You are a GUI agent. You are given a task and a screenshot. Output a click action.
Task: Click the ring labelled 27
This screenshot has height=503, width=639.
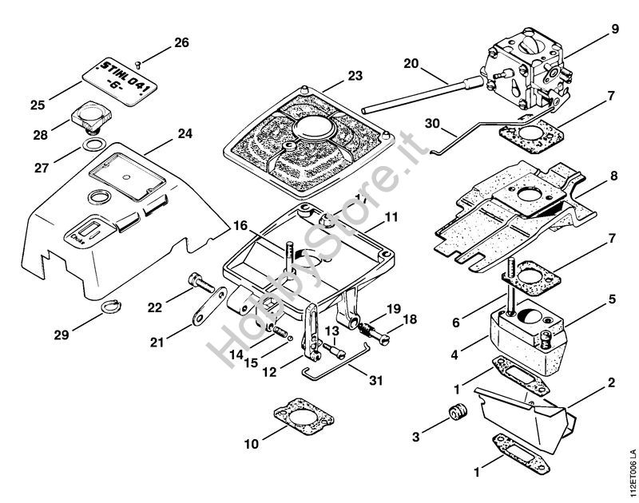[x=93, y=145]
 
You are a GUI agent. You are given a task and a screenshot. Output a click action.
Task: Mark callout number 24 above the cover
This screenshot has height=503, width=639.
[x=185, y=134]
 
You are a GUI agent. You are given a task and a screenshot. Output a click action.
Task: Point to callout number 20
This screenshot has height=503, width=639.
[x=411, y=63]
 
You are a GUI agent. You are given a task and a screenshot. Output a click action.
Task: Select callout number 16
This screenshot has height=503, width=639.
[x=240, y=227]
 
